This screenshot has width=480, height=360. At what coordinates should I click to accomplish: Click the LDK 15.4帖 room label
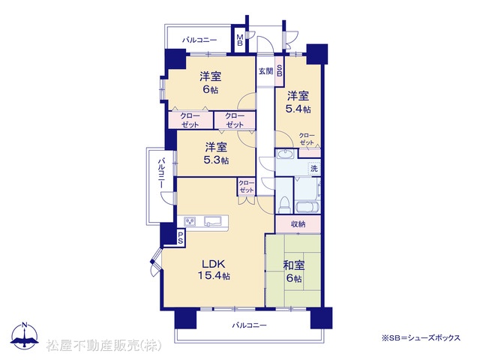pyautogui.click(x=214, y=269)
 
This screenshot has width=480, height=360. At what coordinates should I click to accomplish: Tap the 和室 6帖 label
pyautogui.click(x=294, y=271)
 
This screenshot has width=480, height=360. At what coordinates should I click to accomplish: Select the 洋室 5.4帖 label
pyautogui.click(x=298, y=102)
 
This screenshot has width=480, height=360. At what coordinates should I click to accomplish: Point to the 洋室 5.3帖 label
pyautogui.click(x=216, y=153)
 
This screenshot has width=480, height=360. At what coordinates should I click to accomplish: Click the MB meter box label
pyautogui.click(x=240, y=40)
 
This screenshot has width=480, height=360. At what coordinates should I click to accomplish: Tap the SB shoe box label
pyautogui.click(x=280, y=71)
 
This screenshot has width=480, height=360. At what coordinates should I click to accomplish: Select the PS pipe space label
pyautogui.click(x=180, y=237)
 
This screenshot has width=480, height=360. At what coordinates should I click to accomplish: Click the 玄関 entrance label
pyautogui.click(x=265, y=71)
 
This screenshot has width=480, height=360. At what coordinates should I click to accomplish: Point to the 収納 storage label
pyautogui.click(x=298, y=224)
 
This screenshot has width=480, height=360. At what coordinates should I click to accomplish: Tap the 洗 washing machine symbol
pyautogui.click(x=314, y=168)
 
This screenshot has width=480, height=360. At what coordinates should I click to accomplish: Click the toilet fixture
pyautogui.click(x=285, y=205)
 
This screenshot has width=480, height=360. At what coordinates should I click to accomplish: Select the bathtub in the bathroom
pyautogui.click(x=307, y=207)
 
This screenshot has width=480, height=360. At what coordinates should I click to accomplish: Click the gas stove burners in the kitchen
pyautogui.click(x=190, y=221)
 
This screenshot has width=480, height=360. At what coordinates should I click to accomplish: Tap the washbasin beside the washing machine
pyautogui.click(x=286, y=153)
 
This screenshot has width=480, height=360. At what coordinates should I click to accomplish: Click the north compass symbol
pyautogui.click(x=25, y=335)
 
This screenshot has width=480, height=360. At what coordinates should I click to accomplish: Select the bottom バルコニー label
pyautogui.click(x=249, y=325)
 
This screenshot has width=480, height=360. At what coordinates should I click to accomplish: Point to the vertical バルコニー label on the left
pyautogui.click(x=161, y=173)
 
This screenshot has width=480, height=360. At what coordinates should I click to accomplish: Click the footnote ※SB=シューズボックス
pyautogui.click(x=421, y=337)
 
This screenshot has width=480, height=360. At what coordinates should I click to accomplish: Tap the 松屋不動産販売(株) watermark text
pyautogui.click(x=103, y=346)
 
